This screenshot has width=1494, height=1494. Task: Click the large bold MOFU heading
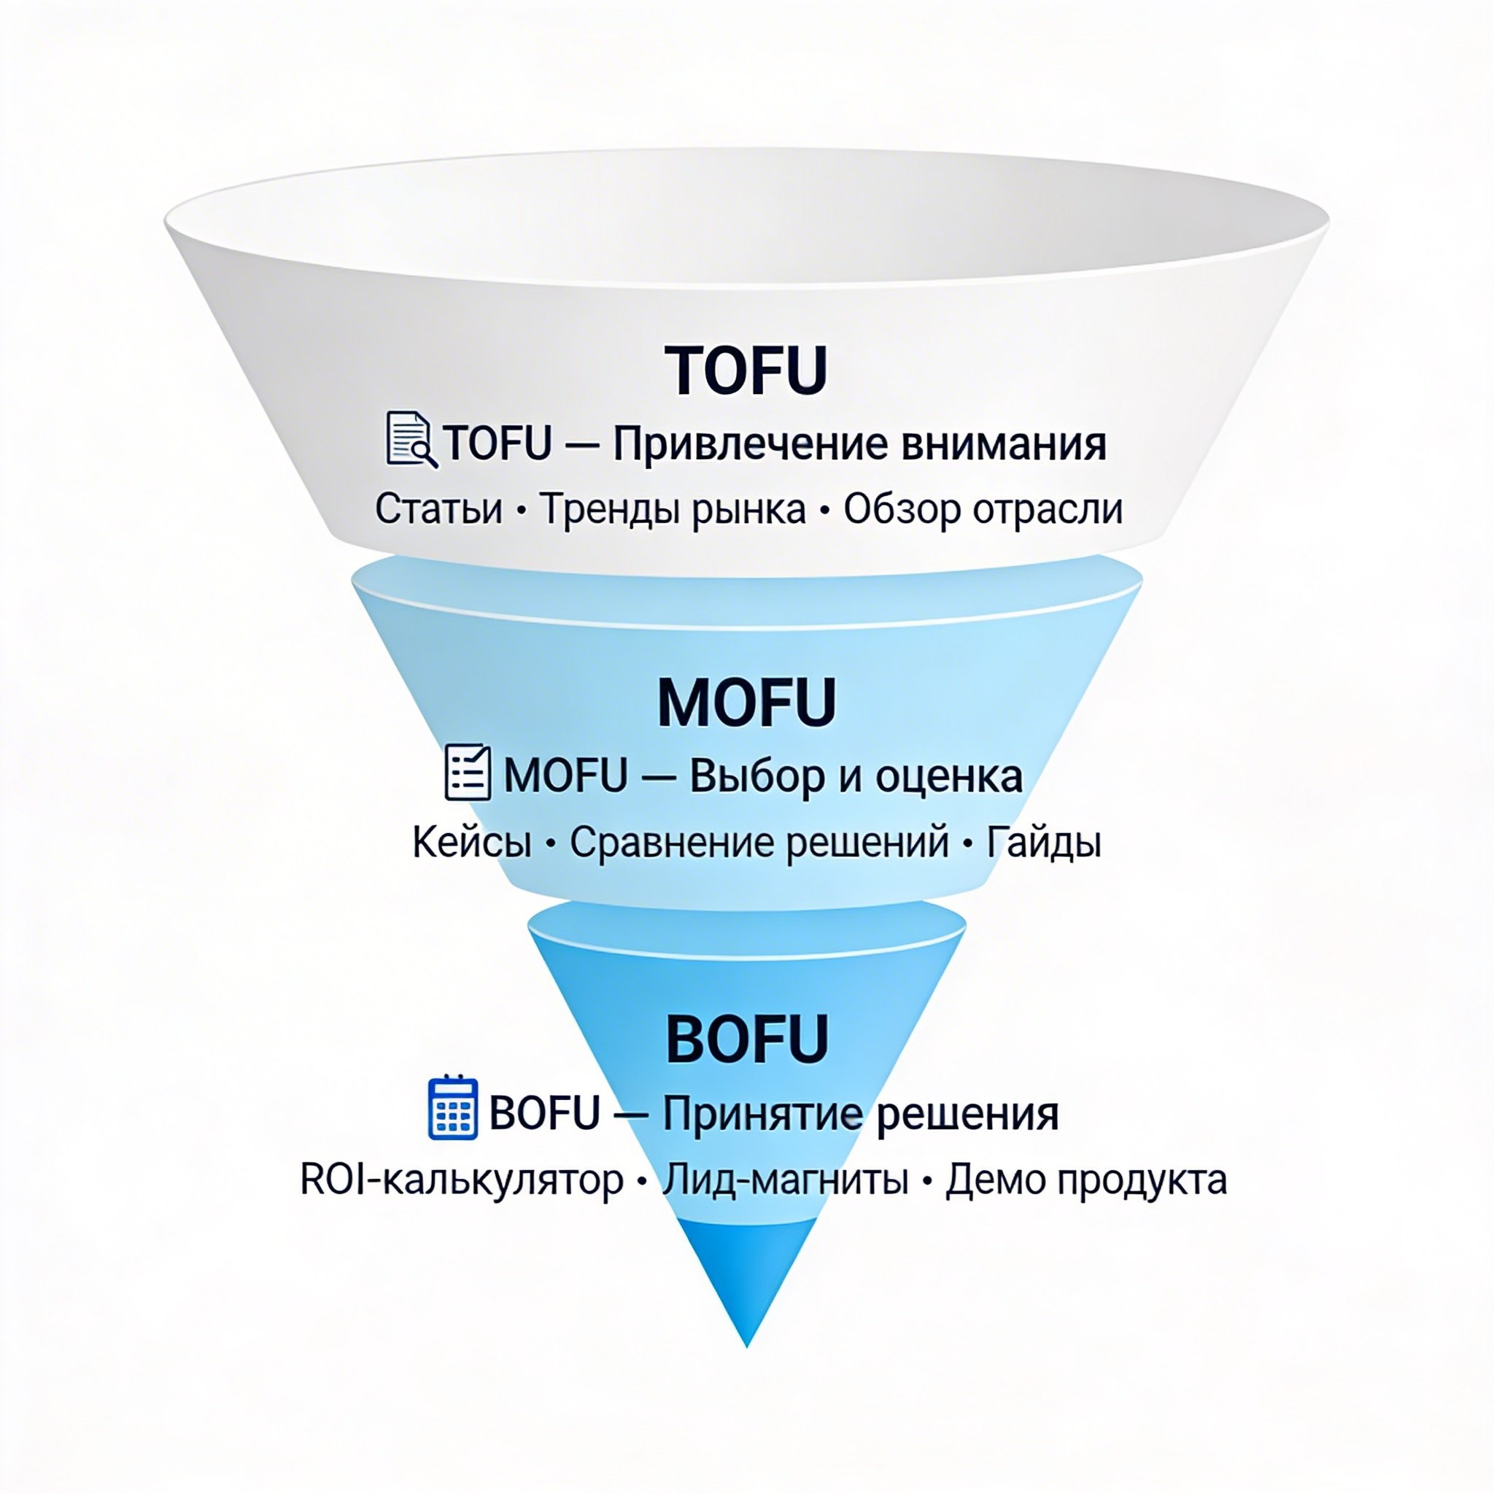tap(746, 703)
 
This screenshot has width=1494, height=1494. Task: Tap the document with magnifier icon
tap(411, 439)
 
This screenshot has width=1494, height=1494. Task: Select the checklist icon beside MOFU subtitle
tap(468, 772)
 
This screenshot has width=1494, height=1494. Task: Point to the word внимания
tap(1005, 445)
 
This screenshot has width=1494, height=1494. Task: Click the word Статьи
tap(438, 509)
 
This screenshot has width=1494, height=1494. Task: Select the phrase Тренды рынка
tap(673, 511)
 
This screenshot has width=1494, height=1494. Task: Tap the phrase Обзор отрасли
tap(983, 511)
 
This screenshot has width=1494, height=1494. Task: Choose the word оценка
tap(949, 777)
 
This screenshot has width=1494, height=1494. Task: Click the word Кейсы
tap(472, 841)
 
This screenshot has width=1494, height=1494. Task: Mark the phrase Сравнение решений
tap(759, 843)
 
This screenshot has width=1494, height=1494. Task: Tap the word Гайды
tap(1043, 843)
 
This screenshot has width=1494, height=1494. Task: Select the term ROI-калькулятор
tap(462, 1180)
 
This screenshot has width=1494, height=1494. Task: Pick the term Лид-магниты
tap(785, 1180)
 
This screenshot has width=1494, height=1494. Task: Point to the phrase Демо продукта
tap(1085, 1181)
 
